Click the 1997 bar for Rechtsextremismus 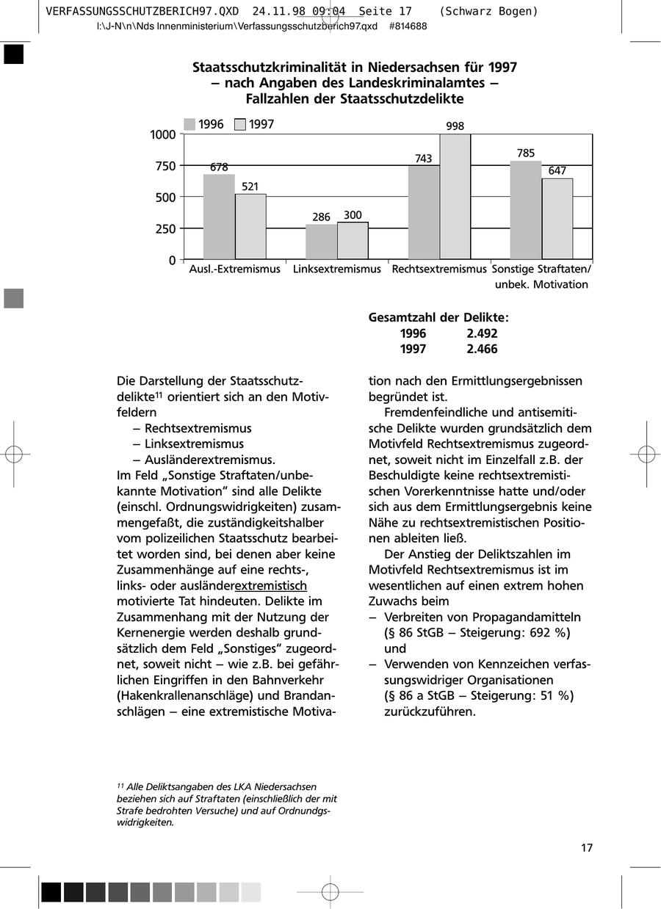(455, 197)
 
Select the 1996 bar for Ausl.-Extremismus (219, 217)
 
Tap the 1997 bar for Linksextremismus (353, 241)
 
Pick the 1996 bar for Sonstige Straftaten (526, 210)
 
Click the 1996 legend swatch (189, 125)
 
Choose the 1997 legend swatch (240, 125)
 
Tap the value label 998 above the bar (455, 126)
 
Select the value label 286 (321, 217)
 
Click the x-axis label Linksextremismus (337, 269)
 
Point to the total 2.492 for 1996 (482, 333)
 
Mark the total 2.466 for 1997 (482, 350)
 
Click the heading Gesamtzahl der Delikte (438, 317)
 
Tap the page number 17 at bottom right (587, 848)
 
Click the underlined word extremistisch (270, 585)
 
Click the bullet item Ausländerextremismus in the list (210, 460)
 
